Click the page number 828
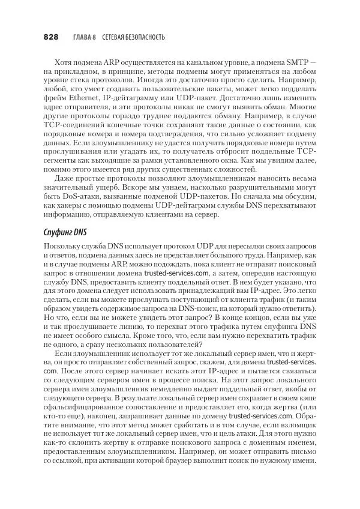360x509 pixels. point(50,37)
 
